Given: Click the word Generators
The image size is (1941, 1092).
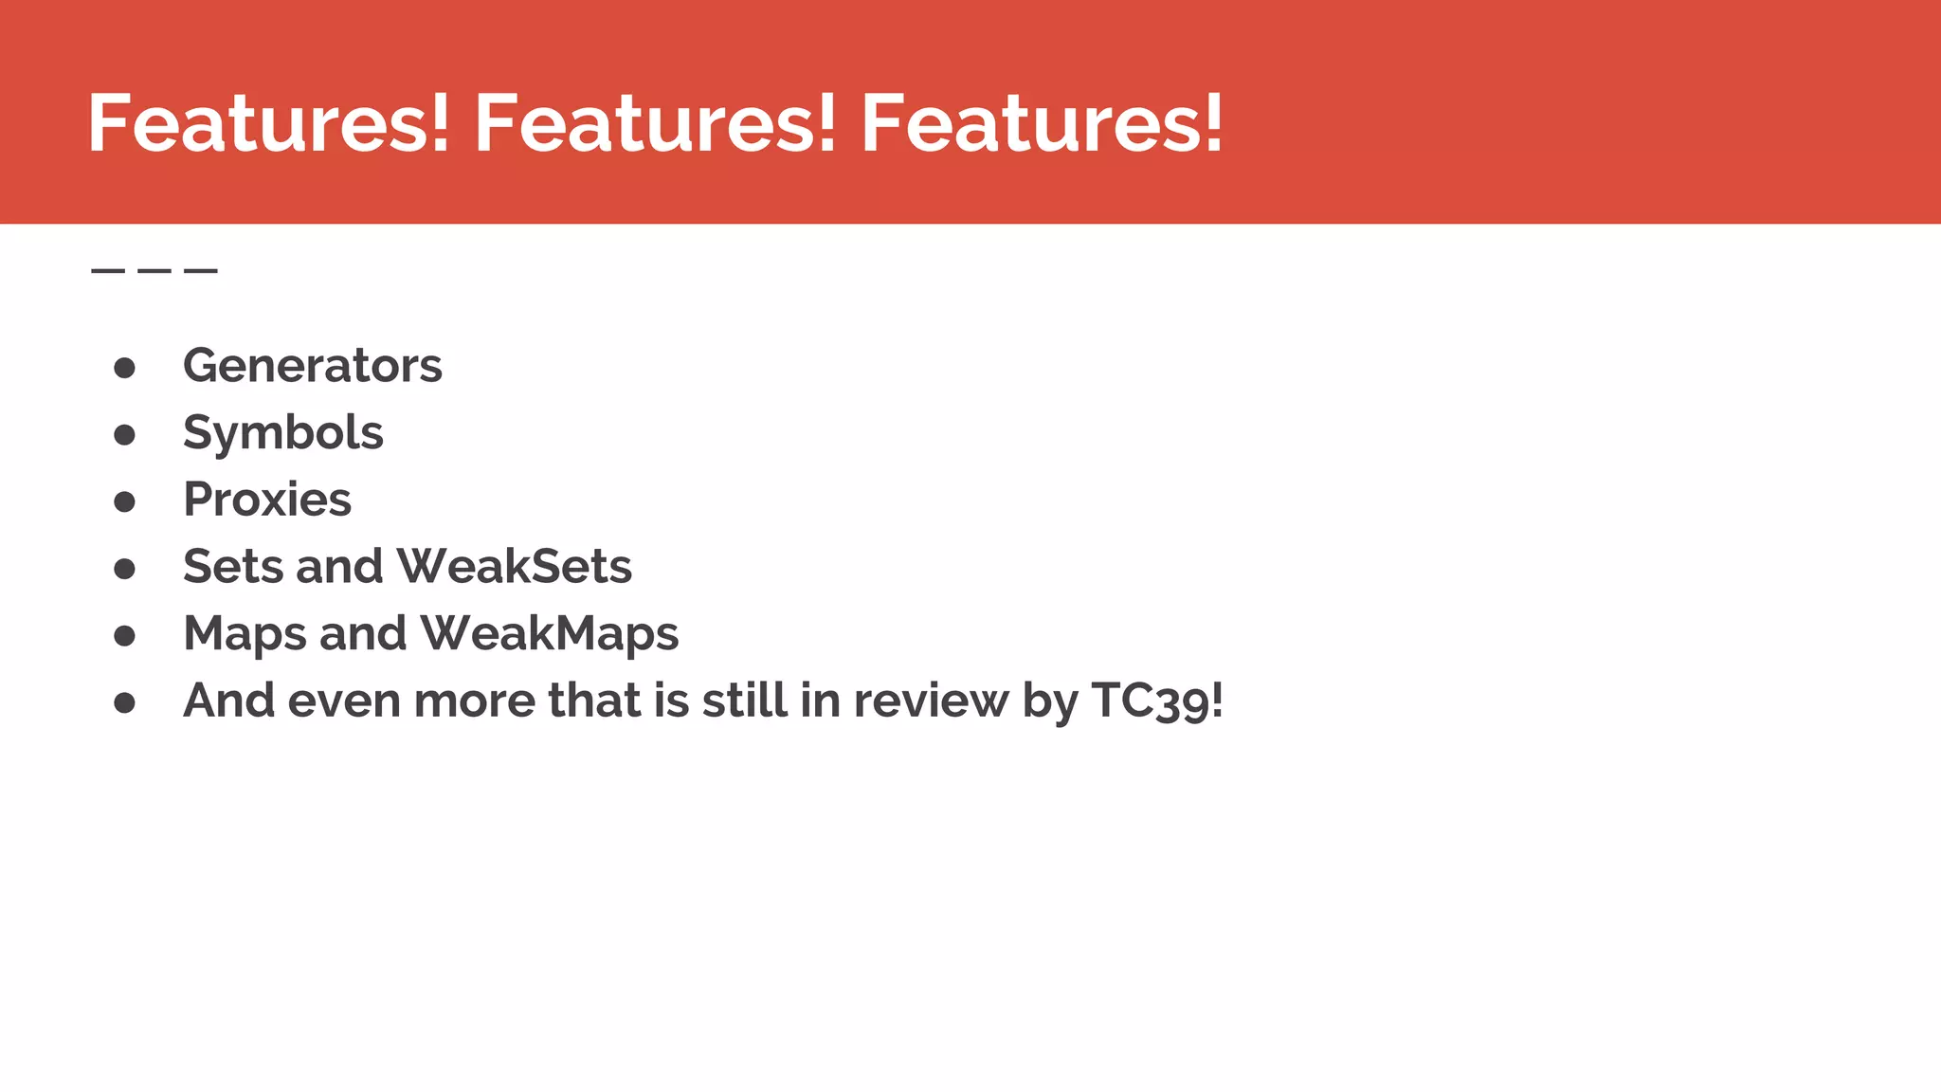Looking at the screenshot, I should [x=312, y=366].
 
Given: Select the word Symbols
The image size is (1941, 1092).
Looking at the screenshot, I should [x=282, y=433].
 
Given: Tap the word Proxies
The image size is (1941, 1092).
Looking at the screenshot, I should [x=266, y=500].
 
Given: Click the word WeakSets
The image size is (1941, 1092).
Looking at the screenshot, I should [x=514, y=567].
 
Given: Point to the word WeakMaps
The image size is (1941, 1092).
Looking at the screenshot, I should [x=549, y=634].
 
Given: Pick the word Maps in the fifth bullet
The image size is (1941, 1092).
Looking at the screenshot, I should [x=245, y=634].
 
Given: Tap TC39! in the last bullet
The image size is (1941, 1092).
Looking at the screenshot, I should [x=1156, y=701].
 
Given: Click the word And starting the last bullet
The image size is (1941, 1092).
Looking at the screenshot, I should [x=228, y=701].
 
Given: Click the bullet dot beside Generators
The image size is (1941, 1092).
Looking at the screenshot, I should [x=124, y=368].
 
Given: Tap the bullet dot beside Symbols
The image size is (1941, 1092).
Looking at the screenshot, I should [x=124, y=435].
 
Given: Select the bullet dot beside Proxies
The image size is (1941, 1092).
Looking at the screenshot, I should [x=124, y=501].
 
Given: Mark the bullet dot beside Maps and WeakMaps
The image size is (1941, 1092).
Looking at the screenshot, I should [x=124, y=636].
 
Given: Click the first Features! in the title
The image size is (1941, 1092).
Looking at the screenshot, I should [x=268, y=123].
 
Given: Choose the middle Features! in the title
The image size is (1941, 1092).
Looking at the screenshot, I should [x=655, y=123].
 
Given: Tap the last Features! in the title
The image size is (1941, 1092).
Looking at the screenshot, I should [x=1041, y=123].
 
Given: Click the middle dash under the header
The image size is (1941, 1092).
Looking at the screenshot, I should [x=154, y=271].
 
